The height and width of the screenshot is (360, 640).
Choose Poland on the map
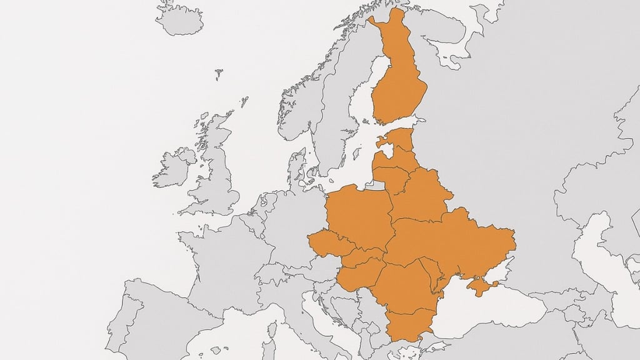(359, 216)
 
